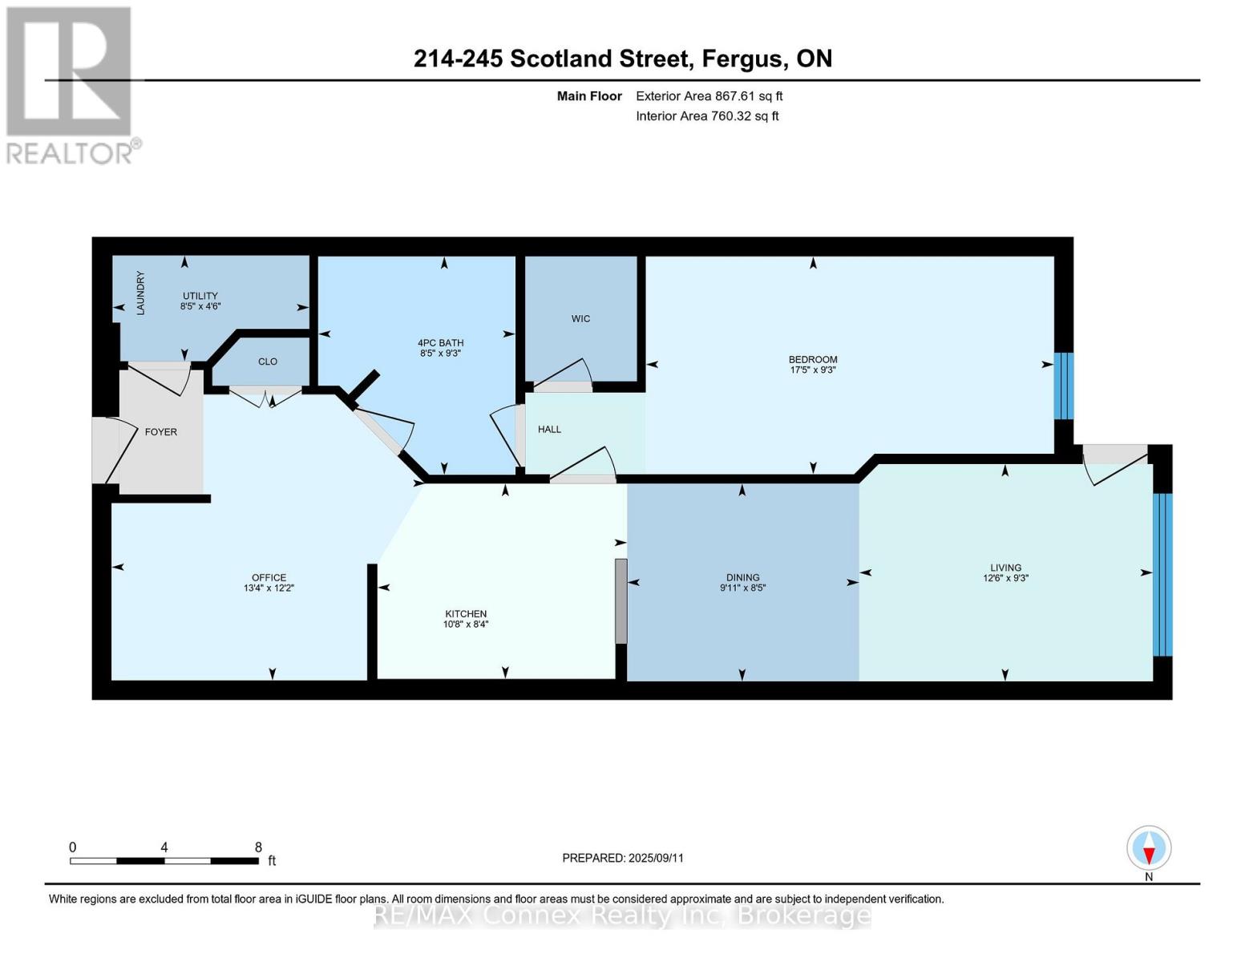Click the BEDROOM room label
click(x=812, y=359)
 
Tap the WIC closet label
click(x=580, y=319)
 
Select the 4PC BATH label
click(x=440, y=343)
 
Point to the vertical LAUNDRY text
click(x=140, y=293)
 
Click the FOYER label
click(x=160, y=432)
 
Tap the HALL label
click(x=549, y=430)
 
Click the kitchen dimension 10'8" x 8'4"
click(x=466, y=624)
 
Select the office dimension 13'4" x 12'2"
click(x=269, y=588)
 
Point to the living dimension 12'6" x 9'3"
click(x=1005, y=577)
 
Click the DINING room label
click(x=742, y=577)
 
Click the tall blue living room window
click(x=1162, y=574)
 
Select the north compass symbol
click(x=1149, y=848)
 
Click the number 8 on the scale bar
click(x=258, y=847)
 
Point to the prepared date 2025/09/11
click(x=656, y=858)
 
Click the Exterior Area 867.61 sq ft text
click(x=709, y=96)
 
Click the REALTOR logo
click(x=71, y=84)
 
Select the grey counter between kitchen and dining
click(x=620, y=601)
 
